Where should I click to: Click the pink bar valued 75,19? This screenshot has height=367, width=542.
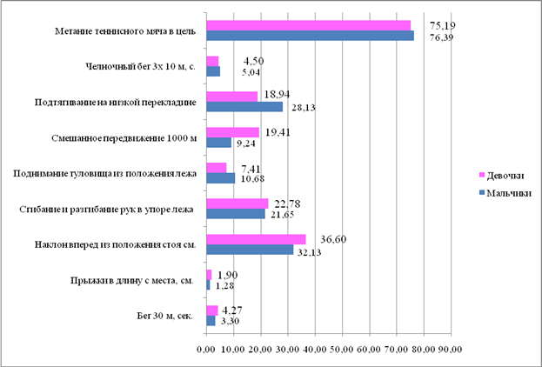(308, 25)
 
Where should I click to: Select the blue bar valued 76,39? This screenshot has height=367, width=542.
(310, 36)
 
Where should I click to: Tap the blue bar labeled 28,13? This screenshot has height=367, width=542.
(244, 107)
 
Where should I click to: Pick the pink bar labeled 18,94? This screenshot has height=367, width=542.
(231, 97)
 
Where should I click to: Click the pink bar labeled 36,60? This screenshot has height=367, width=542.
(256, 238)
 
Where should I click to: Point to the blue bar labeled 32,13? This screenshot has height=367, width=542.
(250, 250)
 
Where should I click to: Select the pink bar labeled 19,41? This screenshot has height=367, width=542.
(232, 132)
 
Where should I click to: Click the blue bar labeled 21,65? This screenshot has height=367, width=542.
(235, 214)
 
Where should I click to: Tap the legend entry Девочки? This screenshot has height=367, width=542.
(504, 174)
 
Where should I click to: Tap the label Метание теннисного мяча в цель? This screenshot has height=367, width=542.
(124, 30)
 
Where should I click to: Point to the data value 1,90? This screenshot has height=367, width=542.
(227, 273)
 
